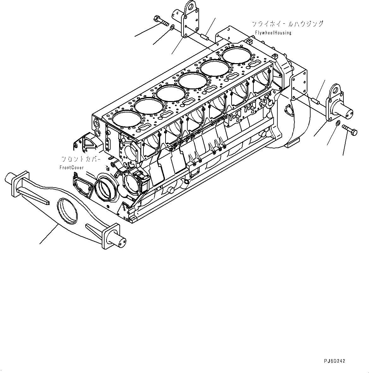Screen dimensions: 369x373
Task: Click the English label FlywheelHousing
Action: [273, 33]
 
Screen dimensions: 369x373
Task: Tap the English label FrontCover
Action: [72, 167]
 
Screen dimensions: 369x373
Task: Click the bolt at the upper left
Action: [161, 21]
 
